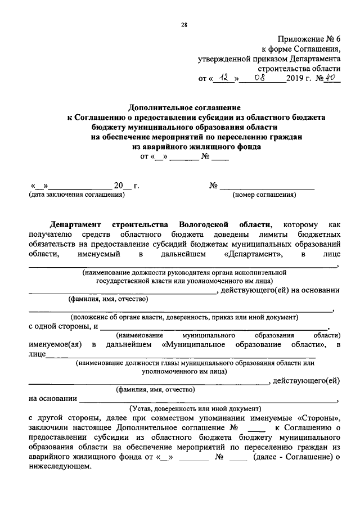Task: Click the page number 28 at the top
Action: (184, 24)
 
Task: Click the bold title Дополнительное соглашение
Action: (184, 107)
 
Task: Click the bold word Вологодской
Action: (205, 224)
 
